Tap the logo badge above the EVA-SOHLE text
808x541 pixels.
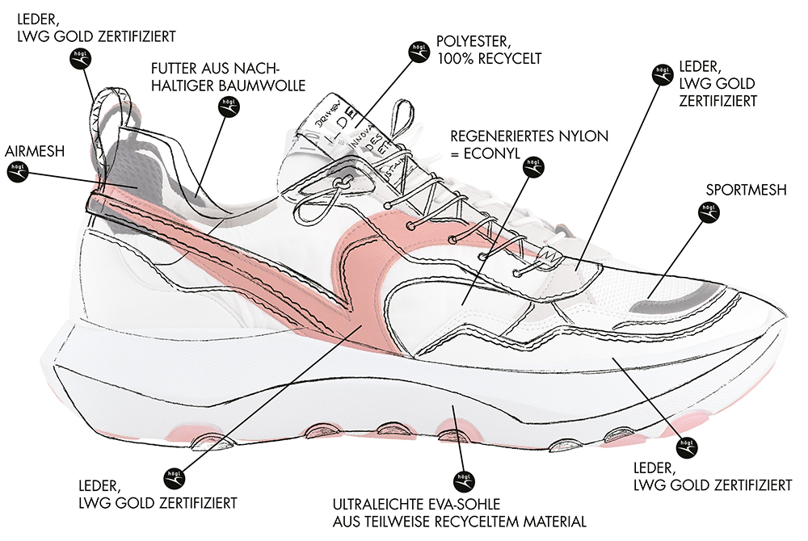[x=462, y=479]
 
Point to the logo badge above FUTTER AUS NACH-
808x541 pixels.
[x=228, y=107]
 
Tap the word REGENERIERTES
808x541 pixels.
[x=496, y=135]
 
